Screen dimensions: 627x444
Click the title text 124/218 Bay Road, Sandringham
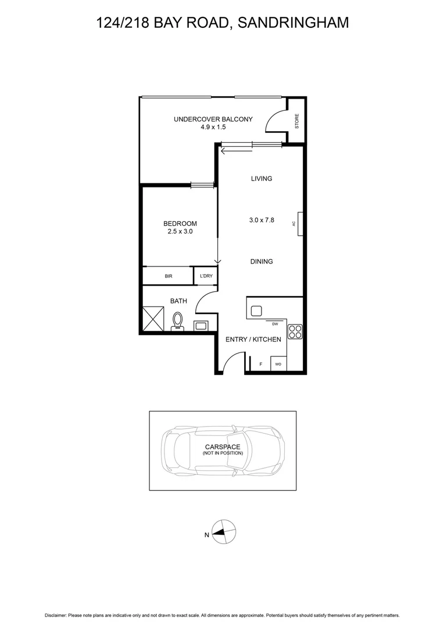222,23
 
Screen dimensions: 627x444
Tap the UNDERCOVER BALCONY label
213,120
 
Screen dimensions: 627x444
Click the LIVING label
262,179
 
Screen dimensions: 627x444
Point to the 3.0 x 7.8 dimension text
262,220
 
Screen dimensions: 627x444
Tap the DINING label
262,262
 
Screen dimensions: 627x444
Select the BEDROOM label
180,224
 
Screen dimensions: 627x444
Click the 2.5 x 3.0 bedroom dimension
180,231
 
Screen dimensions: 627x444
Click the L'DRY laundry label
206,276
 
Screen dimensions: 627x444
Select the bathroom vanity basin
202,326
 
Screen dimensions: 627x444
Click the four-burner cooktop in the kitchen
295,330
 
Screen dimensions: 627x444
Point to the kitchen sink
257,311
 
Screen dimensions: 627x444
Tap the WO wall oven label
278,365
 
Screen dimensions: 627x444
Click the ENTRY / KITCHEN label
253,340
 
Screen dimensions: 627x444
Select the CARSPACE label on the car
223,447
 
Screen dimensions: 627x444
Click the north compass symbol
224,532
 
